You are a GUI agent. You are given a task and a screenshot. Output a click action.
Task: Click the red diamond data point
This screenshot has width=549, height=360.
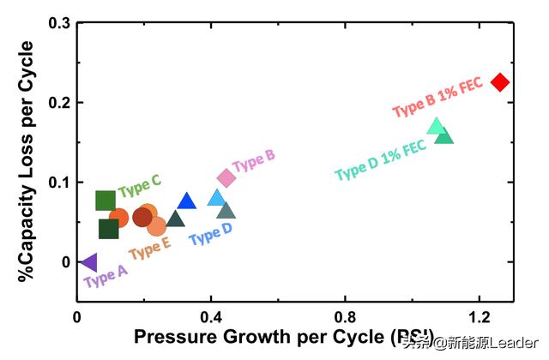tap(500, 82)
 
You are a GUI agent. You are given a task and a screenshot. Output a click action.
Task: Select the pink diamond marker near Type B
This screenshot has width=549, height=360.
tap(226, 177)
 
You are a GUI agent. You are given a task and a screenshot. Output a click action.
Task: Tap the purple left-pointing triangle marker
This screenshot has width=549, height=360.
tap(87, 262)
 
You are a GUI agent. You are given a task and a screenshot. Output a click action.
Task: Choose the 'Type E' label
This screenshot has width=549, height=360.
tap(149, 247)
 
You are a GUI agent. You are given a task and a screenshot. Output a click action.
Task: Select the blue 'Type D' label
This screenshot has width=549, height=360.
tap(210, 232)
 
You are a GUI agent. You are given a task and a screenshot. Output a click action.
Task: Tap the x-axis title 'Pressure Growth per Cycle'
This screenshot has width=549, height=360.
tap(272, 336)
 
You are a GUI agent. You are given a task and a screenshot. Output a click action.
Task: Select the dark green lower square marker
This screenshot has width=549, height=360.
tap(109, 229)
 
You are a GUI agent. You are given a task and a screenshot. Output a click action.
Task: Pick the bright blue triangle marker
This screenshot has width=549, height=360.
tap(187, 201)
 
